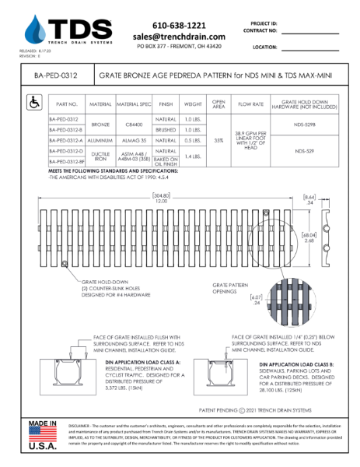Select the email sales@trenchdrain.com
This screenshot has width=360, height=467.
click(179, 37)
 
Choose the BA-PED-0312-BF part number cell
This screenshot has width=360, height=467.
click(67, 161)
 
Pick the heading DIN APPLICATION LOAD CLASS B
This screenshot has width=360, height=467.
click(299, 364)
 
